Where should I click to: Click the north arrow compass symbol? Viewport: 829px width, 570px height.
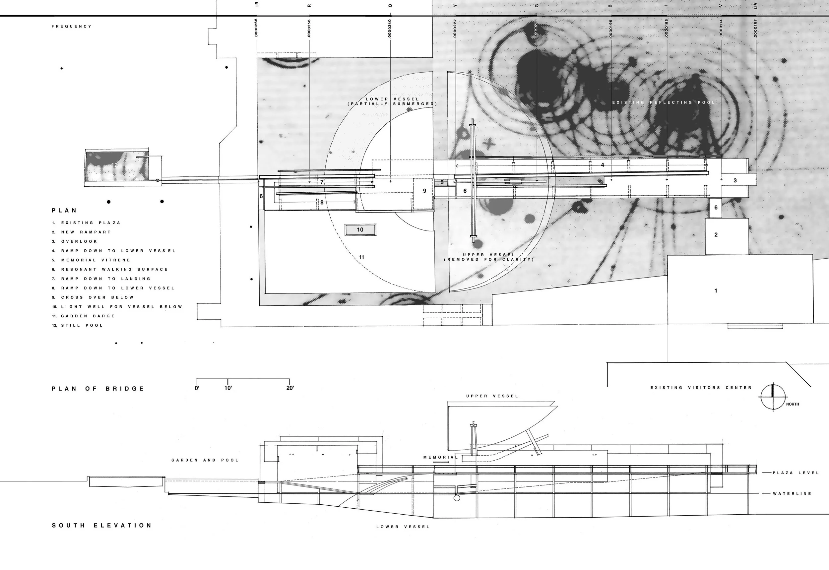(773, 397)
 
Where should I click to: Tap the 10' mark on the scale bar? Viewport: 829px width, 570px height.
(228, 388)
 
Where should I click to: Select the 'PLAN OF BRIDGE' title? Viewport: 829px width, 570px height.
(98, 389)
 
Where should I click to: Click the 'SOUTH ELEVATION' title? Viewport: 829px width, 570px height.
(102, 525)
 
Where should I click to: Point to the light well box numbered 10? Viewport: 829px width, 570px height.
(360, 230)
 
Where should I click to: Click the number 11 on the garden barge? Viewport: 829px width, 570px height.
(361, 257)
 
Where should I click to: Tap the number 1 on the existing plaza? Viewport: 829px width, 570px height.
(715, 291)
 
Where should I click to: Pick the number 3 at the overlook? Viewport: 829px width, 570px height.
(735, 180)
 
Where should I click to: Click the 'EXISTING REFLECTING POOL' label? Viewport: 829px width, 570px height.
(664, 102)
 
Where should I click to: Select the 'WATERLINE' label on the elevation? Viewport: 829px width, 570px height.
(792, 494)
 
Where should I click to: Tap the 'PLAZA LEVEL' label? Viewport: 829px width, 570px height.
(796, 473)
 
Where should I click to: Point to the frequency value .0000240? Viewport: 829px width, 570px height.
(390, 29)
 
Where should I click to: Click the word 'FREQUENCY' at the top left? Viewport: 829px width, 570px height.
(71, 27)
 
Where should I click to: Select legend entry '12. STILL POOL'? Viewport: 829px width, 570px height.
(78, 325)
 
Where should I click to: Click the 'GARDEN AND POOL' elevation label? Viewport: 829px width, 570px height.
(205, 460)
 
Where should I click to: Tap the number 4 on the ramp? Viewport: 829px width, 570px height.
(603, 165)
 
